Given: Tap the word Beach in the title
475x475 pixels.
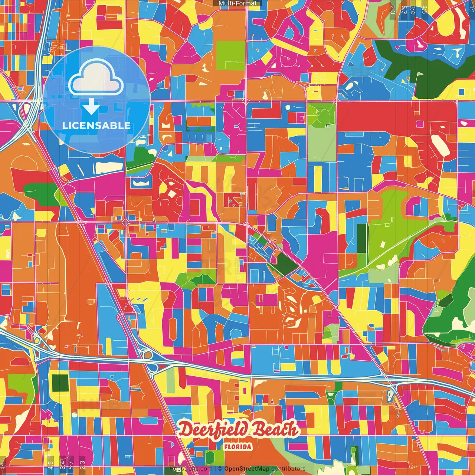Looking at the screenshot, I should (x=275, y=429).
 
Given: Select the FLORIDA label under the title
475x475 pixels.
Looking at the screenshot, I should (x=237, y=447).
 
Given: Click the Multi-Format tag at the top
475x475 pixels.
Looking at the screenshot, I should (x=237, y=3).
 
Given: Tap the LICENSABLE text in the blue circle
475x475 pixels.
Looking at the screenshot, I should (x=96, y=125).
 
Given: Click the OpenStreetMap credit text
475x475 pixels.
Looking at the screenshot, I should (x=246, y=469).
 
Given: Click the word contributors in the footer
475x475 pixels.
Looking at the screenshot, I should (x=288, y=469).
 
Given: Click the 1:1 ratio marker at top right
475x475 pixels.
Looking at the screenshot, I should (x=471, y=9).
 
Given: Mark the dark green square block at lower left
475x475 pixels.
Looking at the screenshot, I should (x=60, y=383).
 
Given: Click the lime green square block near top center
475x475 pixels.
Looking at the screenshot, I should (x=230, y=56).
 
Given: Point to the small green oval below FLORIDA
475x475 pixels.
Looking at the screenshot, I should (x=210, y=457).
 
